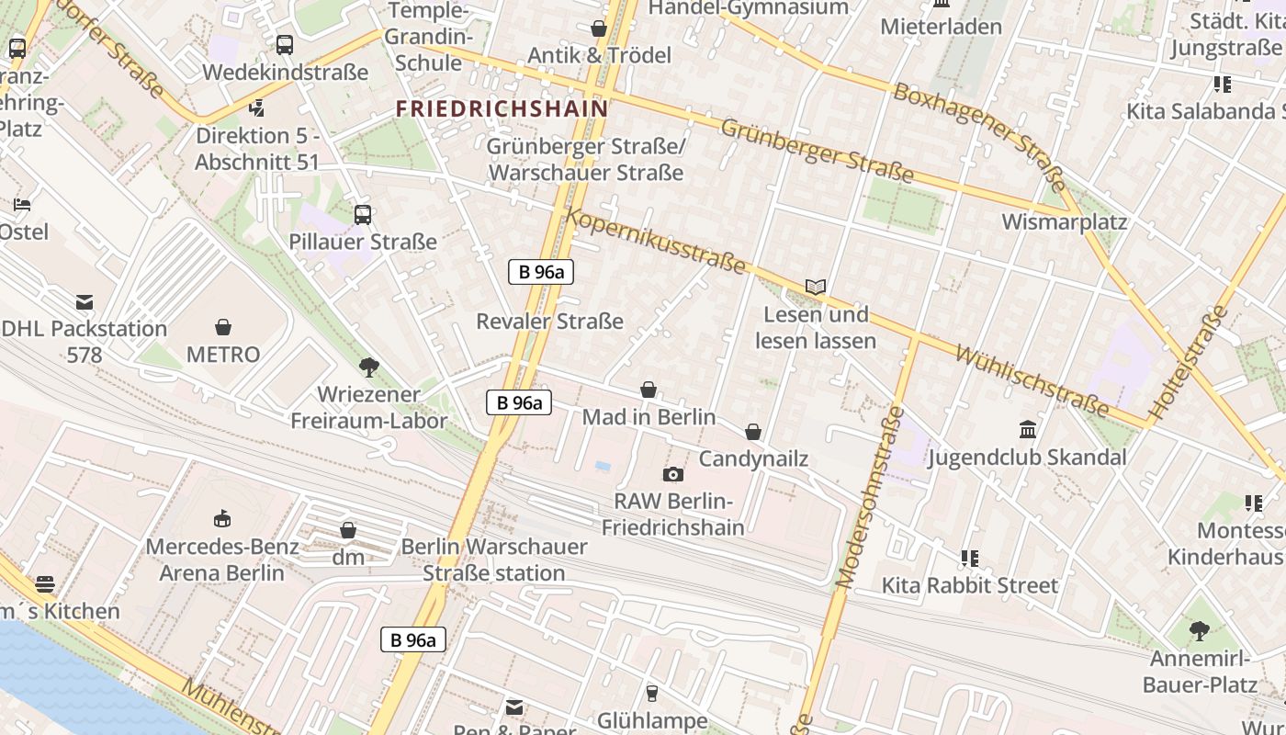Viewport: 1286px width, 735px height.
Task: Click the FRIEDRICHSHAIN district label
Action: point(502,108)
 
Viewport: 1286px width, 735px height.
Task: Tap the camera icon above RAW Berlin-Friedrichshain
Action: point(673,474)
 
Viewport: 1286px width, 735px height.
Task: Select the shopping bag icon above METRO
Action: point(223,327)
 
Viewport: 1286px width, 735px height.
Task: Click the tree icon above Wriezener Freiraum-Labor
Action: point(369,367)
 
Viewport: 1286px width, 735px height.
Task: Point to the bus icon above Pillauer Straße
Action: point(363,215)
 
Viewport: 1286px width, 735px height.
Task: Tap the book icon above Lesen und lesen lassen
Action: point(816,287)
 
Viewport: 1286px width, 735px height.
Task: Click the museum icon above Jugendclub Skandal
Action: point(1028,429)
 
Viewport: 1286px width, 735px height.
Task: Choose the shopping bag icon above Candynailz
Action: point(753,431)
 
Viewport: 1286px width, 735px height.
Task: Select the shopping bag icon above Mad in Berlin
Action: point(649,390)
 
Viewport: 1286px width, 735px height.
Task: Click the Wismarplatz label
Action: point(1064,221)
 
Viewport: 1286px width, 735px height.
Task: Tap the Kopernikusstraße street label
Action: point(656,240)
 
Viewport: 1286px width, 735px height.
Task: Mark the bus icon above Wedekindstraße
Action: point(285,44)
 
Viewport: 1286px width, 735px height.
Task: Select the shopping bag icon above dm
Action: point(348,530)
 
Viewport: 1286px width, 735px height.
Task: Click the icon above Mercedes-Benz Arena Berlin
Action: point(221,519)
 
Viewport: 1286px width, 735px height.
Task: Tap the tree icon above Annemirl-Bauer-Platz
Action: point(1199,631)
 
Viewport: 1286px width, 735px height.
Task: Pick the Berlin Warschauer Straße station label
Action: point(494,560)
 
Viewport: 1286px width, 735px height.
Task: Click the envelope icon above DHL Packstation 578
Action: point(85,301)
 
